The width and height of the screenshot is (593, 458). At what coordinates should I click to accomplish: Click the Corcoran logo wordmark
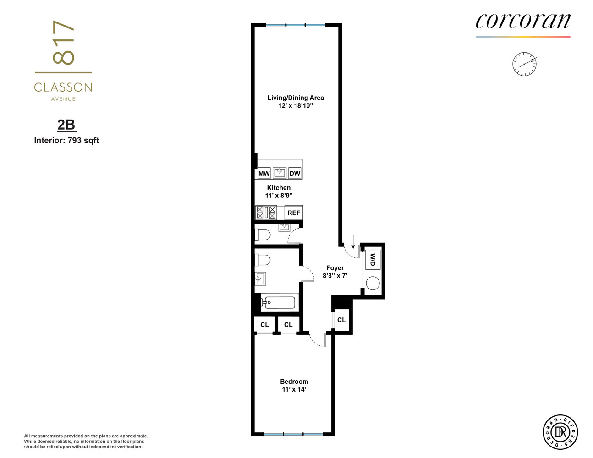(x=523, y=21)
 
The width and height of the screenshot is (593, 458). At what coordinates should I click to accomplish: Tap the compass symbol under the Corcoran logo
(x=524, y=64)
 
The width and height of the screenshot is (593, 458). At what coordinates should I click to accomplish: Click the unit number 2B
(x=66, y=125)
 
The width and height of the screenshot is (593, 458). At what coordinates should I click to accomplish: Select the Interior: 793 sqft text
(x=66, y=141)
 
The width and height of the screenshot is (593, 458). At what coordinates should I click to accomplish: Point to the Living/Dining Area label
(x=296, y=98)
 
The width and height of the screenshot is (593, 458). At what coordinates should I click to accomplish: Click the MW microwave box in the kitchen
(x=264, y=173)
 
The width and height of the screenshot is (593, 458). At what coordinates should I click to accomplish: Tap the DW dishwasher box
(x=295, y=173)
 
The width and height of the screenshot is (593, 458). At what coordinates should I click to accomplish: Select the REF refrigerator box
(x=294, y=213)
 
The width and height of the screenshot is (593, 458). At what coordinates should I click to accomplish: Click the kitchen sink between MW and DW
(x=280, y=173)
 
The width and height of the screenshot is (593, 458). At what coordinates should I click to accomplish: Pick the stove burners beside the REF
(x=266, y=213)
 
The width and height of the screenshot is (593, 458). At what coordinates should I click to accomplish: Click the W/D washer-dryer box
(x=373, y=260)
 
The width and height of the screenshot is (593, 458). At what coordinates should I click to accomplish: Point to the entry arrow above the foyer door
(x=353, y=241)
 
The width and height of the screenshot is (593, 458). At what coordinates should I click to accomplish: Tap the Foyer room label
(x=335, y=268)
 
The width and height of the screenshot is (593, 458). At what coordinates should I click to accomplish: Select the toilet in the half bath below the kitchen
(x=263, y=235)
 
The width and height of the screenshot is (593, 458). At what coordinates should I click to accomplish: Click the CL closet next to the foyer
(x=341, y=320)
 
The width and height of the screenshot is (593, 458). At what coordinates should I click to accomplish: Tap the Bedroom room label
(x=294, y=382)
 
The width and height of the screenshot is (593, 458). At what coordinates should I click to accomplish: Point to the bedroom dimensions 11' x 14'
(x=294, y=389)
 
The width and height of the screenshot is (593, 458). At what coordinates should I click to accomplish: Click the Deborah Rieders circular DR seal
(x=560, y=432)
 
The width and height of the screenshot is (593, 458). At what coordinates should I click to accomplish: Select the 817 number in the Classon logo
(x=63, y=43)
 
